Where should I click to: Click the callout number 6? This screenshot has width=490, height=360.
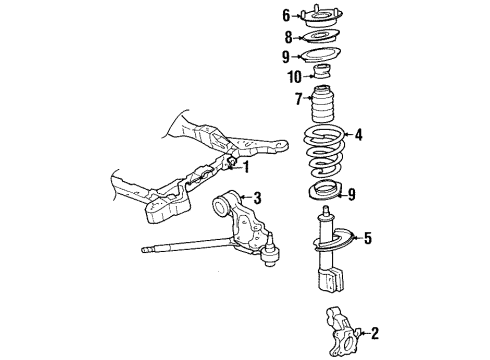click(285, 15)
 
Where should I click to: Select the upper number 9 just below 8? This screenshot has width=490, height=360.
click(285, 57)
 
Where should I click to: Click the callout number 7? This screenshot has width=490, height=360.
click(297, 98)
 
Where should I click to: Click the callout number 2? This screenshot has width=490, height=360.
click(375, 333)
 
